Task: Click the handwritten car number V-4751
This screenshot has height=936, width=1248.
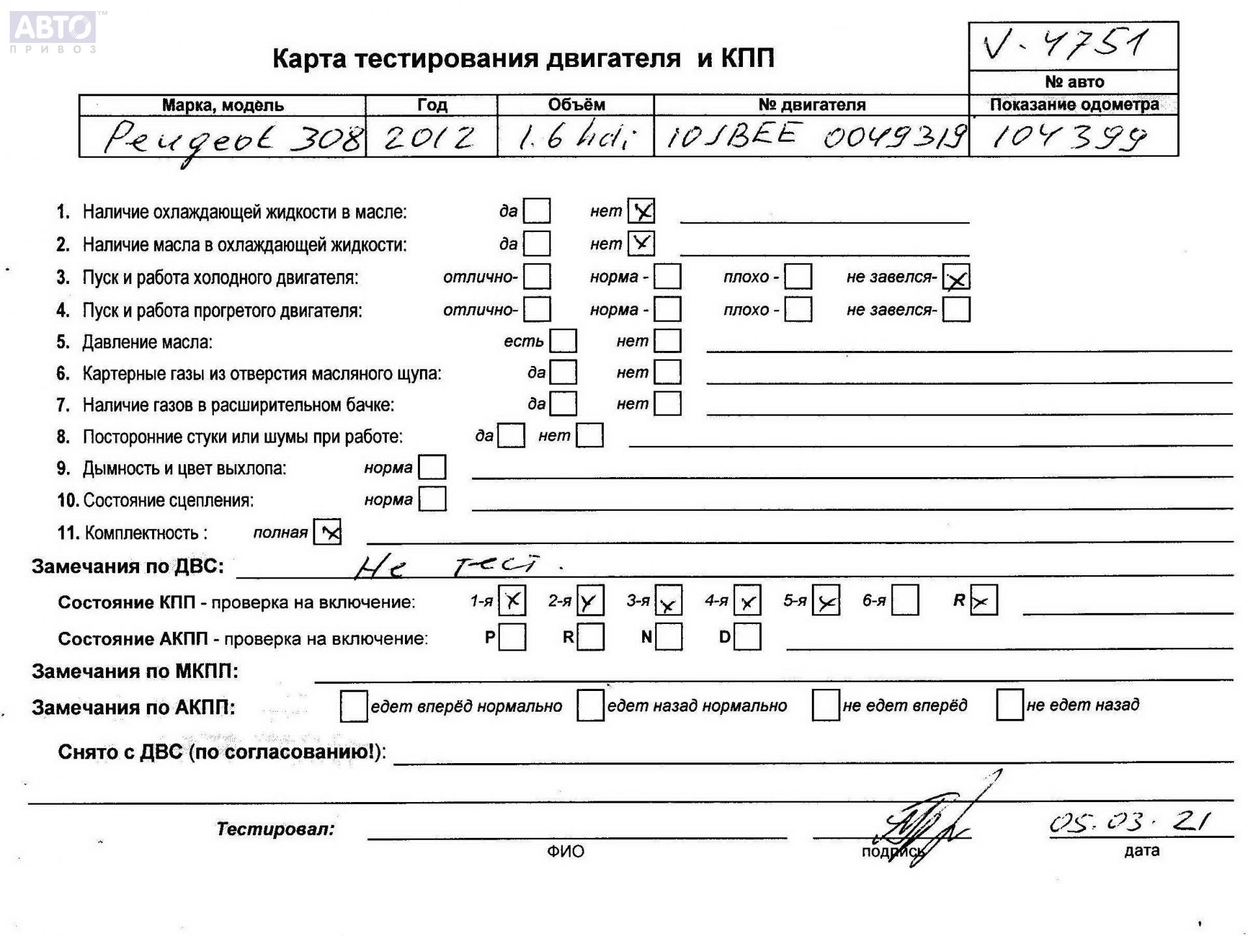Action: (1066, 44)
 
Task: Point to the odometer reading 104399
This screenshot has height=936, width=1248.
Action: (1069, 138)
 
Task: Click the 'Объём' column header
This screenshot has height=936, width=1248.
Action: (576, 105)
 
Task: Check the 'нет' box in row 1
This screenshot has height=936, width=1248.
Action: (641, 211)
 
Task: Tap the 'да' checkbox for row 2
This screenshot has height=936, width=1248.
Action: (537, 244)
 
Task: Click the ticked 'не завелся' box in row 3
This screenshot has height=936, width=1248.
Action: (956, 278)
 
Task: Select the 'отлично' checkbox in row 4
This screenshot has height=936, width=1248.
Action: (537, 309)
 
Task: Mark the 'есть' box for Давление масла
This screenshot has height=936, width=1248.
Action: (563, 341)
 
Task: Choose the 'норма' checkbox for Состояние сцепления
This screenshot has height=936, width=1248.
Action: (432, 499)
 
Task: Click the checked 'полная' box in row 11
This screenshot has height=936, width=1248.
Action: (328, 532)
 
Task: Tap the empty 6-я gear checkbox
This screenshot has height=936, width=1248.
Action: (905, 600)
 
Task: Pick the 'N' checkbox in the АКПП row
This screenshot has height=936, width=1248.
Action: (669, 637)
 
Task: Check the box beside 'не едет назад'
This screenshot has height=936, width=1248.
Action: (1009, 705)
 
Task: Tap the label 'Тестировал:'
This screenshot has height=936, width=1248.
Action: (275, 829)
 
